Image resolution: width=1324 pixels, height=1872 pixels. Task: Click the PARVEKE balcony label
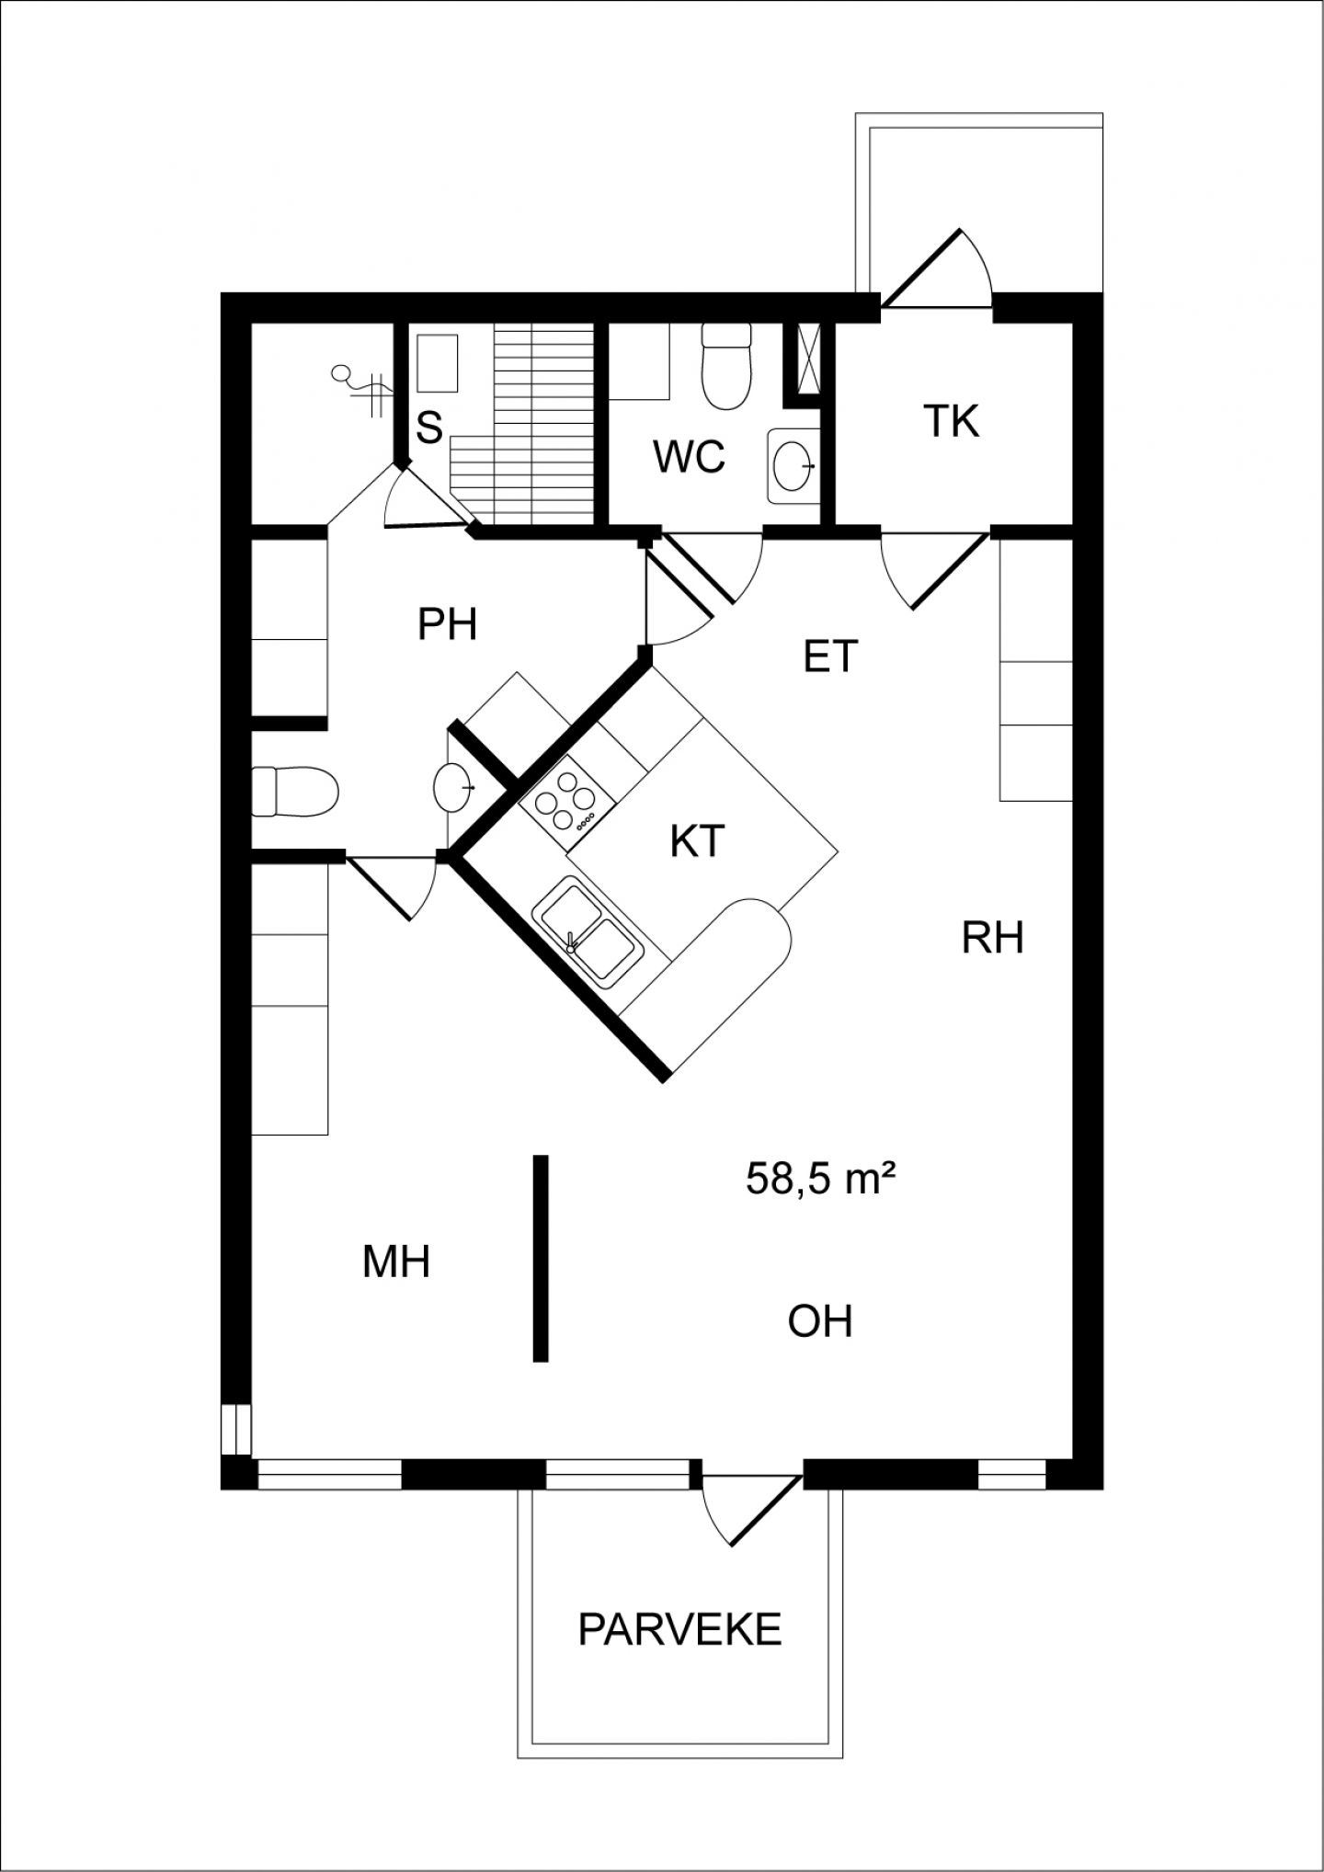coord(679,1629)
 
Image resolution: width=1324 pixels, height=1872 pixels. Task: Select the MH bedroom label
coord(396,1262)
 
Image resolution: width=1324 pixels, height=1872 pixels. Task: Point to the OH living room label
coord(820,1321)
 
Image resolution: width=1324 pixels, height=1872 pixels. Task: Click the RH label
coord(993,939)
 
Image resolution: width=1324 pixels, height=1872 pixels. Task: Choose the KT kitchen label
coord(697,841)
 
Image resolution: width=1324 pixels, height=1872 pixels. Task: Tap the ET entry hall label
coord(830,656)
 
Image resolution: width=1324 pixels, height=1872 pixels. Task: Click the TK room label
coord(952,421)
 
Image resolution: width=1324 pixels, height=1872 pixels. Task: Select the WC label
coord(689,456)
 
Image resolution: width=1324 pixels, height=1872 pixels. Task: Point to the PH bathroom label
coord(447,625)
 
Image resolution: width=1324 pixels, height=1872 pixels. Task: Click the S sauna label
coord(429,428)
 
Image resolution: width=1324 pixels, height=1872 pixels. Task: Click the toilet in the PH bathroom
coord(295,791)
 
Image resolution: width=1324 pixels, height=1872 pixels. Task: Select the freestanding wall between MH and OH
coord(542,1258)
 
